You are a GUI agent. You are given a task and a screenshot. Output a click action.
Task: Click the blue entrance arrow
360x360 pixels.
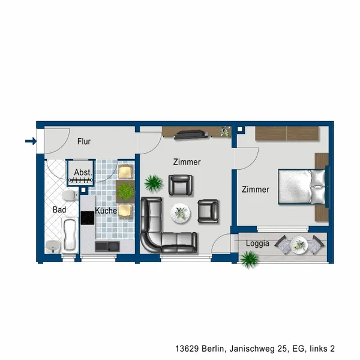pos(31,141)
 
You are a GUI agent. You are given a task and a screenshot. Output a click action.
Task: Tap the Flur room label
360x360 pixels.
pos(84,142)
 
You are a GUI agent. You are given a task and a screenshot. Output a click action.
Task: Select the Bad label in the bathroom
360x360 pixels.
pos(59,209)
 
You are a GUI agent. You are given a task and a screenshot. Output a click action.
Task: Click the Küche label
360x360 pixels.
pos(106,211)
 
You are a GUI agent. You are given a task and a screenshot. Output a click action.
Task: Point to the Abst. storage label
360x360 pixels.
pos(83,172)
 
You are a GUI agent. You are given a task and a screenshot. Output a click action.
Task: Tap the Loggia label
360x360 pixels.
pos(257,244)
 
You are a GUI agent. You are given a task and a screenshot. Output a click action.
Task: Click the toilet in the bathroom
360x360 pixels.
pos(70,196)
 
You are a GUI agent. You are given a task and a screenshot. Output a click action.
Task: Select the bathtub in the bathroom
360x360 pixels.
pos(70,235)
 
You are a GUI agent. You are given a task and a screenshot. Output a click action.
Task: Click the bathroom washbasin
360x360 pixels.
pos(53,247)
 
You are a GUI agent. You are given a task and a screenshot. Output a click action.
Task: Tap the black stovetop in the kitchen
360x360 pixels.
pos(88,218)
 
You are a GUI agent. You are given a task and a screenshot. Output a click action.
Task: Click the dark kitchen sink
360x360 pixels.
pos(107,247)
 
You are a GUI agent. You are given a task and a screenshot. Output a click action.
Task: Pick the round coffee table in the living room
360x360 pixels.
pos(180,213)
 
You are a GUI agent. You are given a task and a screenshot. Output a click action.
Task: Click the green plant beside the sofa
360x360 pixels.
pos(154,183)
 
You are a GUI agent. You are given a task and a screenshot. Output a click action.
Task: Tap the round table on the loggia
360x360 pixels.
pos(299,245)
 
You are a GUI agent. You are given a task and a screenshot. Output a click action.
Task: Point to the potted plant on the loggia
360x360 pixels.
pos(249,259)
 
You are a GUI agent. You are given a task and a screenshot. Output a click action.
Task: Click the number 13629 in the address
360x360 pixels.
pos(187,349)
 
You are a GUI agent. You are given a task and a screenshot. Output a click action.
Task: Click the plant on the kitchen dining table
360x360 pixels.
pos(125,191)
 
